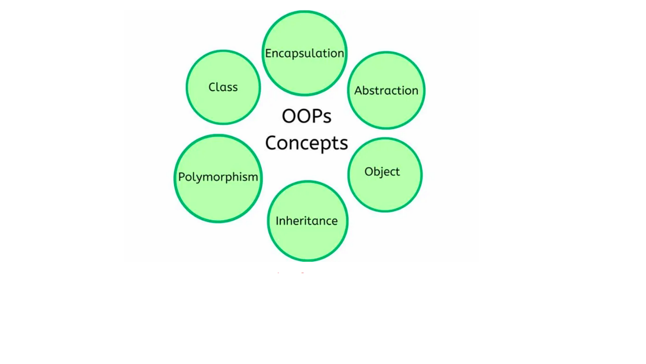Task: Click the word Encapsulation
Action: coord(304,53)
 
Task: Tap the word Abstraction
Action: coord(386,90)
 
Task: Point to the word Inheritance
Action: coord(307,221)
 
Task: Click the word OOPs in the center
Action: coord(306,116)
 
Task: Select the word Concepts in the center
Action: coord(306,143)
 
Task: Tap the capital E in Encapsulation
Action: coord(268,53)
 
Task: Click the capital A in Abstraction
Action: coord(358,90)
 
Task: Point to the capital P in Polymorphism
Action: coord(181,177)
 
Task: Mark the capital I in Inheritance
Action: coord(277,221)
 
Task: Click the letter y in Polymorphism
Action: coord(195,178)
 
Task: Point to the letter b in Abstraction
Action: coord(367,90)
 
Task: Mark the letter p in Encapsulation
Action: coord(294,55)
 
